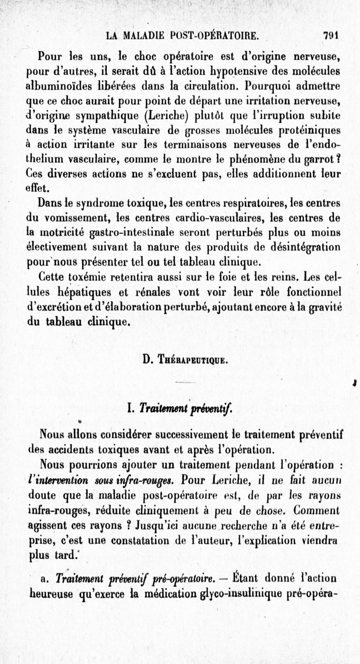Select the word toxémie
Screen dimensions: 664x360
pyautogui.click(x=83, y=274)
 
